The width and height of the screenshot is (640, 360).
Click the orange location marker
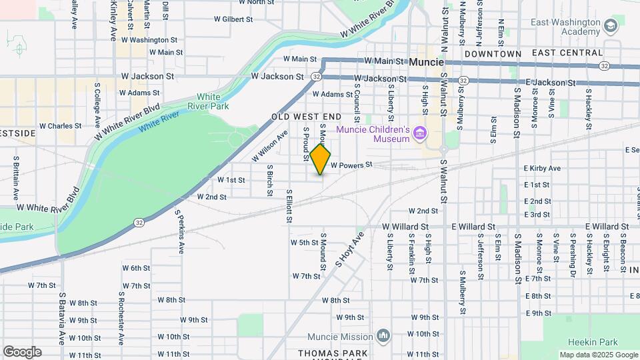(321, 159)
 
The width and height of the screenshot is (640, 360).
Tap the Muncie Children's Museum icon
(420, 134)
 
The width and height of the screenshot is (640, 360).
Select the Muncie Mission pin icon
(383, 335)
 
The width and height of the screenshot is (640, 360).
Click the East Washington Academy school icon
(610, 27)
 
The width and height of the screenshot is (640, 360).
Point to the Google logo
(22, 352)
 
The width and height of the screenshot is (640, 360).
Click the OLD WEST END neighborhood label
(307, 117)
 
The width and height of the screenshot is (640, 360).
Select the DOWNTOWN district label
(493, 53)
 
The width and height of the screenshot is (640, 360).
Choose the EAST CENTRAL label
(567, 53)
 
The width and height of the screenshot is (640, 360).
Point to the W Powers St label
(351, 165)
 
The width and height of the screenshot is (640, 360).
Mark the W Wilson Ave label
(269, 145)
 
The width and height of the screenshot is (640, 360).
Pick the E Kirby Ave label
(542, 169)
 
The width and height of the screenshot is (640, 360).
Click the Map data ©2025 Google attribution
(599, 355)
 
